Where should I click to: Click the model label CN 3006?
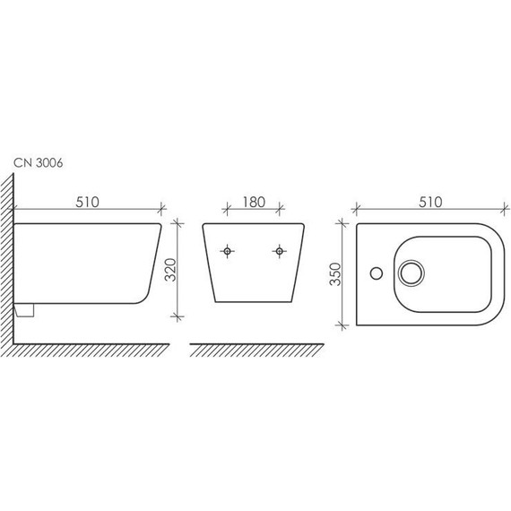point(39,163)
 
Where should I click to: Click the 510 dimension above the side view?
point(87,202)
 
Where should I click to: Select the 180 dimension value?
point(254,202)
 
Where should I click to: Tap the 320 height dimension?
point(170,270)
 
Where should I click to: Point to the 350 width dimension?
point(334,274)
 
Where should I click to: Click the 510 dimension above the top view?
point(430,202)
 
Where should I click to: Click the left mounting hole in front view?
point(227,251)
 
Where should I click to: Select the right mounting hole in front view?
point(280,251)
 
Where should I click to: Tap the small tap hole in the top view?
point(377,273)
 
